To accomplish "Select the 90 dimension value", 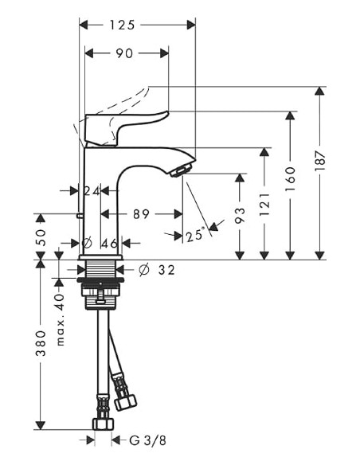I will (x=124, y=54).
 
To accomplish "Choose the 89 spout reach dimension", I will (x=141, y=213).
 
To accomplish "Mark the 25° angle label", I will (x=194, y=236).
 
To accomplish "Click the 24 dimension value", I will (x=92, y=190).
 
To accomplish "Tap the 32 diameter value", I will (x=166, y=270).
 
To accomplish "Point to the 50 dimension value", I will (x=41, y=237).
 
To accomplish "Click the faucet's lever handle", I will (x=127, y=126).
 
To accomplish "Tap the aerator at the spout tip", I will (x=182, y=169).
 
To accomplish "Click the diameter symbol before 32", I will (x=143, y=270).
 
